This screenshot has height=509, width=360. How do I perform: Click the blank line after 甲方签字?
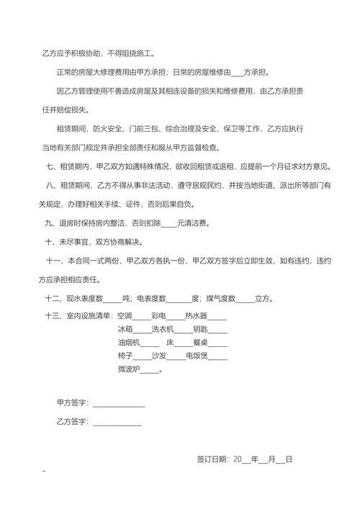click(118, 403)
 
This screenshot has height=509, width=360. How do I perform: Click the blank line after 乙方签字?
click(116, 422)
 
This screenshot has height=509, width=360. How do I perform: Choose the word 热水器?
click(196, 315)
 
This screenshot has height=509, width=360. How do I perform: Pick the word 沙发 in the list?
click(159, 356)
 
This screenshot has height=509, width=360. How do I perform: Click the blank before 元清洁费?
click(168, 223)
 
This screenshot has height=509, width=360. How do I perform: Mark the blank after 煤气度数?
click(246, 297)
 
